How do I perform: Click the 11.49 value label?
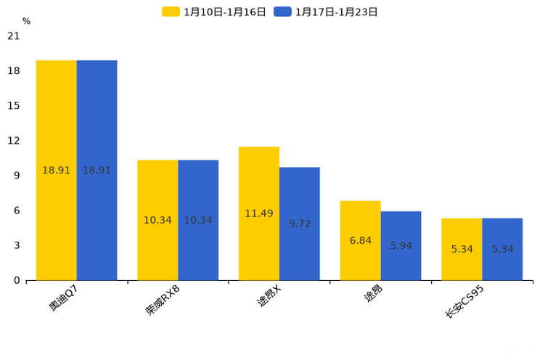tap(259, 213)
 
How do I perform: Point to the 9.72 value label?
tap(300, 224)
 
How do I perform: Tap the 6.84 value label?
tap(361, 240)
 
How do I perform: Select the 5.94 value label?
tap(401, 245)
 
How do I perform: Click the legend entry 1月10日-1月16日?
tap(214, 12)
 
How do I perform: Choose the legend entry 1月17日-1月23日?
tap(326, 12)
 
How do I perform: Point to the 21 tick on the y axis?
tap(13, 36)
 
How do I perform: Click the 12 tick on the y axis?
tap(13, 140)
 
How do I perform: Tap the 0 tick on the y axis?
tap(17, 280)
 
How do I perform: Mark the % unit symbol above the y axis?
tap(26, 21)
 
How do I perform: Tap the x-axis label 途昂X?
tap(268, 297)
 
